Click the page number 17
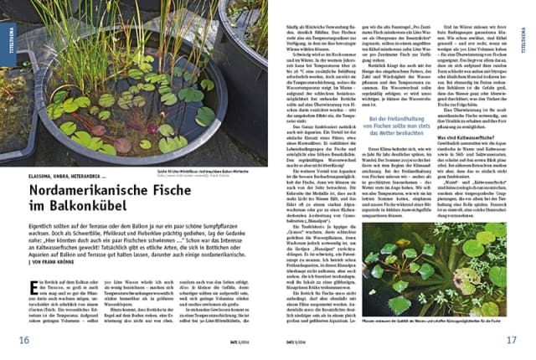tap(512, 339)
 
